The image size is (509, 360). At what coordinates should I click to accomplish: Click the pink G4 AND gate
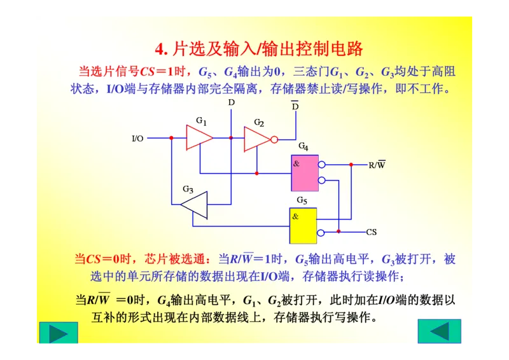tap(305, 173)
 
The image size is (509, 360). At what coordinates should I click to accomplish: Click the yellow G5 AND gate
tap(303, 225)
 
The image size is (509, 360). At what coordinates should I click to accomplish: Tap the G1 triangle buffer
tap(198, 137)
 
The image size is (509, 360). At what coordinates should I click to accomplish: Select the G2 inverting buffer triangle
tap(256, 138)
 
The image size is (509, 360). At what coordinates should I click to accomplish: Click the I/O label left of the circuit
tap(137, 138)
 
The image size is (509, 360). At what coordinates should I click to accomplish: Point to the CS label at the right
tap(372, 232)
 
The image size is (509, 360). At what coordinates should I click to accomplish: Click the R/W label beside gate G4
tap(377, 165)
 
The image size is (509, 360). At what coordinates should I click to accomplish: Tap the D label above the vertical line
tap(231, 102)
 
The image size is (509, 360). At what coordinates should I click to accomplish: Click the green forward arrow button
tap(59, 333)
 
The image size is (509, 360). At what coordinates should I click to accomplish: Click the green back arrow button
tap(439, 331)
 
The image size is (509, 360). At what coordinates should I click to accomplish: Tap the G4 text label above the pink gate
tap(303, 148)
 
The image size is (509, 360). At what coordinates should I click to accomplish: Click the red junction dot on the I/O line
tap(171, 138)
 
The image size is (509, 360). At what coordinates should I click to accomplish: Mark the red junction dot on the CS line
tap(339, 232)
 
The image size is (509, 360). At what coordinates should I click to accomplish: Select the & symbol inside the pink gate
tap(296, 163)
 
